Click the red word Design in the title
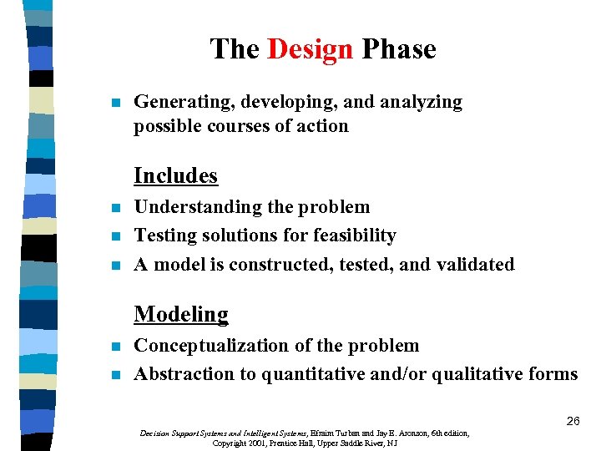(x=311, y=49)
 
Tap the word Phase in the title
(x=398, y=49)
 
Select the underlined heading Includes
(x=175, y=175)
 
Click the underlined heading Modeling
(x=181, y=314)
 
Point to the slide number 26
(x=573, y=421)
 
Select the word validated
(x=475, y=264)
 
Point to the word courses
(x=233, y=126)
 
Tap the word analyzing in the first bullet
(x=422, y=102)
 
